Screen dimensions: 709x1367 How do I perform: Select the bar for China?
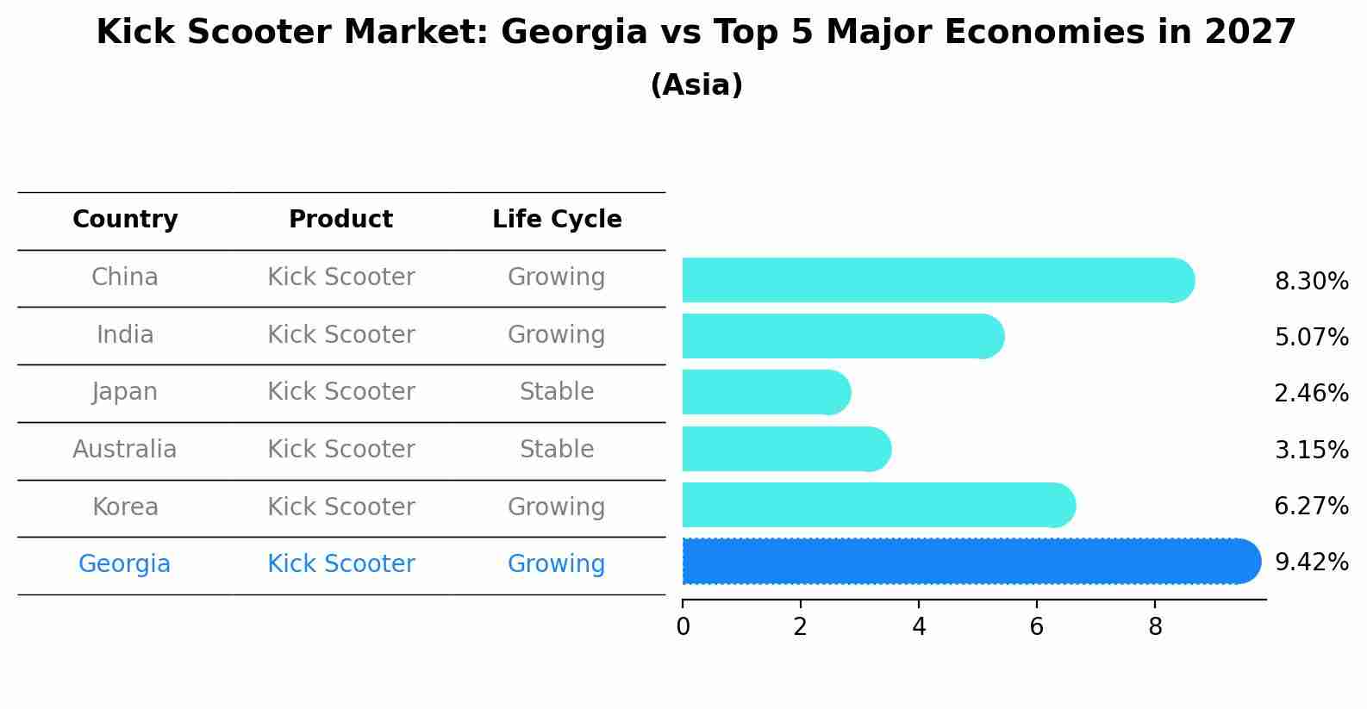931,280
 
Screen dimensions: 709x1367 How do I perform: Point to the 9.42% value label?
1311,563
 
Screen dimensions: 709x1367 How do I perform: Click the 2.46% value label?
1311,394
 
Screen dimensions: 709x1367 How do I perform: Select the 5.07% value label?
1311,338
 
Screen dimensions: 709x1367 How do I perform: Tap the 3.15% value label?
1311,450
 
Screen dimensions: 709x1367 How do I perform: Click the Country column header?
125,220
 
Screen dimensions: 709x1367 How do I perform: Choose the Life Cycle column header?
557,220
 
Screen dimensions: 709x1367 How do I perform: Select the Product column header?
340,220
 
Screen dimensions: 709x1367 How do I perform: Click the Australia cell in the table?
125,450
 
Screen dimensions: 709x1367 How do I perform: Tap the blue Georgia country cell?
125,564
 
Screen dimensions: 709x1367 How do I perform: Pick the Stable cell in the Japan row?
557,392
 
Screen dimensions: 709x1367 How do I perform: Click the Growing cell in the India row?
557,334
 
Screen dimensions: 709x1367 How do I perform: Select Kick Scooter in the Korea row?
340,507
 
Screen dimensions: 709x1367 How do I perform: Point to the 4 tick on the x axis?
919,627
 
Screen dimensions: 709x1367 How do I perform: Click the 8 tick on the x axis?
1155,627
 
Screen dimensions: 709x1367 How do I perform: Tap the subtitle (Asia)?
696,85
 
